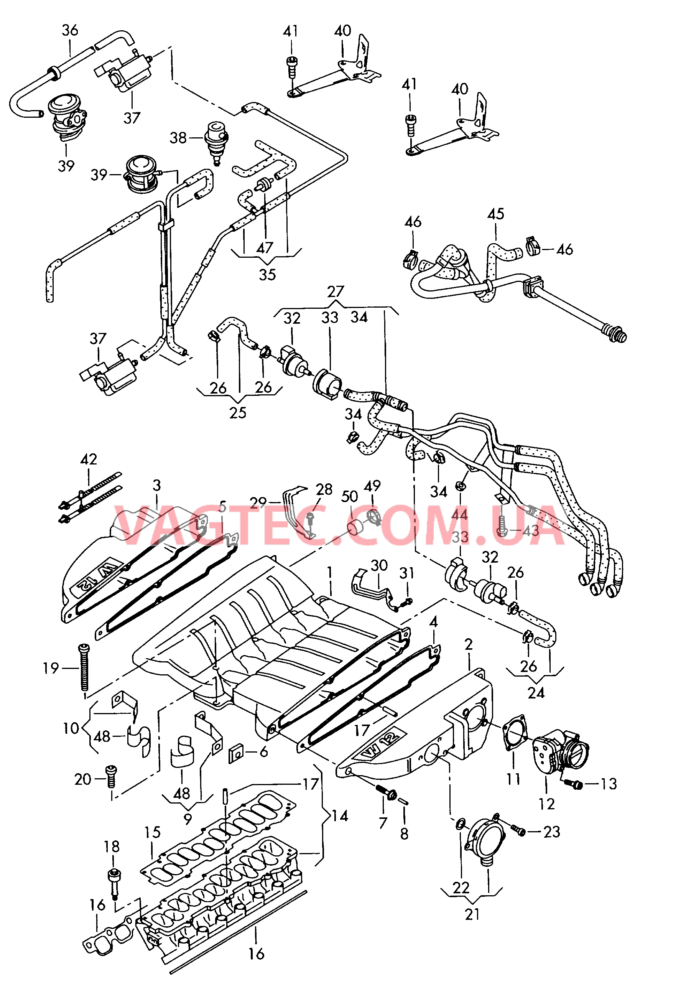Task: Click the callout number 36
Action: (x=70, y=30)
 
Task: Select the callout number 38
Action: (x=178, y=138)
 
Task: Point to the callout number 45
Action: (x=495, y=214)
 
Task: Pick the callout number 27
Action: (x=336, y=292)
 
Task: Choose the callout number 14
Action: (x=340, y=816)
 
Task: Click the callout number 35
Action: (x=267, y=274)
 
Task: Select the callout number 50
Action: (x=349, y=496)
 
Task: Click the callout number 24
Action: (x=536, y=693)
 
